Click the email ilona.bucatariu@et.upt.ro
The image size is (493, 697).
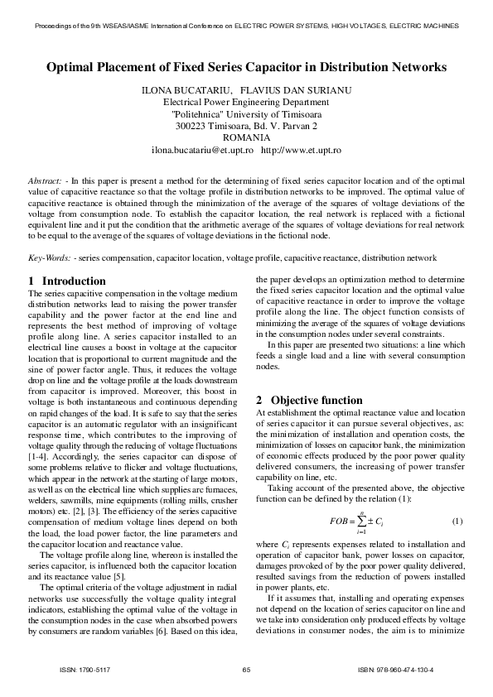pos(201,150)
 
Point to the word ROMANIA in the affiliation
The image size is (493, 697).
pos(246,137)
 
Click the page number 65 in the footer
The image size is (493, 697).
pos(246,670)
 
